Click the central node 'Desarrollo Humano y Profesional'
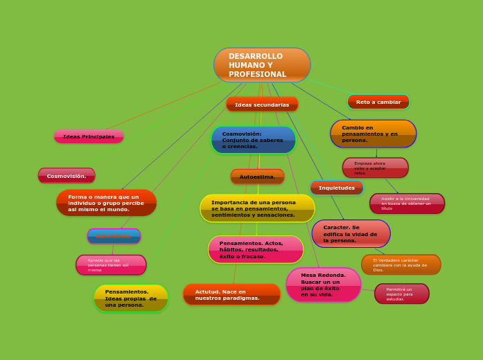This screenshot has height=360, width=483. coord(262,65)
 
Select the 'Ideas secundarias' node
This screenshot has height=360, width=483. coord(262,105)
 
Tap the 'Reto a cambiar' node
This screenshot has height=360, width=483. coord(378,102)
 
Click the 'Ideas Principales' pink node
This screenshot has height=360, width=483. coord(89,136)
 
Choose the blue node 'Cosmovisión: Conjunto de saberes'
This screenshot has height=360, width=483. coord(253,140)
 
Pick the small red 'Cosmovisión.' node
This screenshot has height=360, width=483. coord(67,176)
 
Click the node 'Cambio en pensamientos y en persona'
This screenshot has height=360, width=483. coord(373,134)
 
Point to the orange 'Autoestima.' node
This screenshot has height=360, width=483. coord(257,177)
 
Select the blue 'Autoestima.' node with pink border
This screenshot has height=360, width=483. coord(114,236)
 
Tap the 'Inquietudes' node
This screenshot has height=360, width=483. coord(337,188)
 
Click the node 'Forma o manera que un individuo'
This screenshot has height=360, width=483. coord(106,203)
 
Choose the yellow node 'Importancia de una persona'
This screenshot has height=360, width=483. coord(257,208)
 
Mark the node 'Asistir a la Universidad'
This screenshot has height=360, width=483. coord(407,204)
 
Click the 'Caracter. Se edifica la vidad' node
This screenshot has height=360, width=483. coord(351,234)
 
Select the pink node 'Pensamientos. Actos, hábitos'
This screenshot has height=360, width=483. coord(256,250)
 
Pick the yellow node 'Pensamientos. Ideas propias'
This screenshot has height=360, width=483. coord(131,298)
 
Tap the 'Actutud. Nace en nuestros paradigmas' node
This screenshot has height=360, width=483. coord(231,294)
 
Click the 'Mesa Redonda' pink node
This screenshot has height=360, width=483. coord(324,285)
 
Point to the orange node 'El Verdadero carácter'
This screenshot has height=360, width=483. coord(401,264)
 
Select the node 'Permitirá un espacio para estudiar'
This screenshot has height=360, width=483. coord(402,294)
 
